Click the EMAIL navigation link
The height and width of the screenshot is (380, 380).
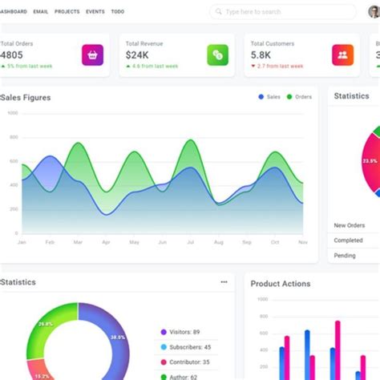(x=40, y=12)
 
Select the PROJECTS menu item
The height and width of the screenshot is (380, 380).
(x=67, y=12)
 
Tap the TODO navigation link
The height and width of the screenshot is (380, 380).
(x=117, y=12)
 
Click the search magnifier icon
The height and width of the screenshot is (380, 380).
(x=219, y=12)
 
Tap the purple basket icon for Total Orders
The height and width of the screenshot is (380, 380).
(x=93, y=55)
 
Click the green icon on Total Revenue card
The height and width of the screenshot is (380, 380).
(x=218, y=55)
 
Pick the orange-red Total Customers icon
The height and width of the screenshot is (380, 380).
(x=342, y=55)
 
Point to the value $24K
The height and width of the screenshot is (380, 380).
(x=137, y=55)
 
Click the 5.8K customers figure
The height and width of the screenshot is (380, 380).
(x=261, y=55)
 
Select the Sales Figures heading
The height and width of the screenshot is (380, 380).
(x=26, y=98)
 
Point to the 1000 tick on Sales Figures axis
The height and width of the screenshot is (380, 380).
(x=13, y=113)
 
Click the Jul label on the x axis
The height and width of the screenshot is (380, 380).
(x=190, y=241)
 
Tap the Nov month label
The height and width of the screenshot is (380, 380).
(x=302, y=241)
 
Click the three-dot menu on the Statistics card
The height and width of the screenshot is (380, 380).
(x=224, y=282)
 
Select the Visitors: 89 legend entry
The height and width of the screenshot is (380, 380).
(x=184, y=332)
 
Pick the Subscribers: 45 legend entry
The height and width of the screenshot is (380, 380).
(x=189, y=347)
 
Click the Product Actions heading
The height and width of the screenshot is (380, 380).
(x=280, y=284)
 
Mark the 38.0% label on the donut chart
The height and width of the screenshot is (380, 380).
(x=118, y=338)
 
